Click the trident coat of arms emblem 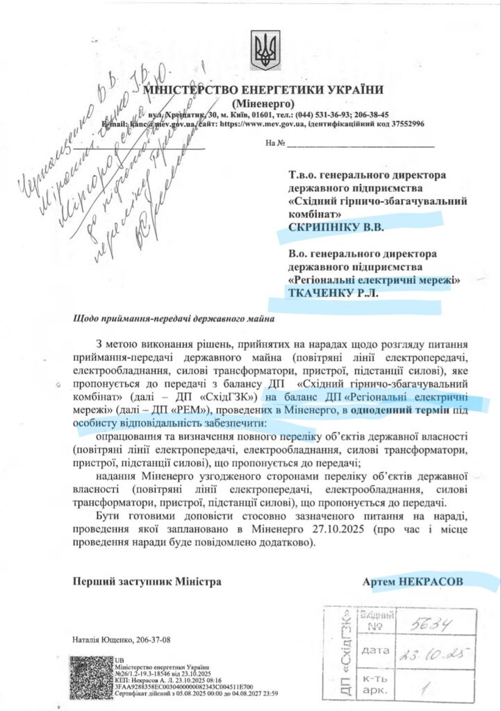[265, 50]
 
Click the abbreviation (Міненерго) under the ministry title [263, 103]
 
